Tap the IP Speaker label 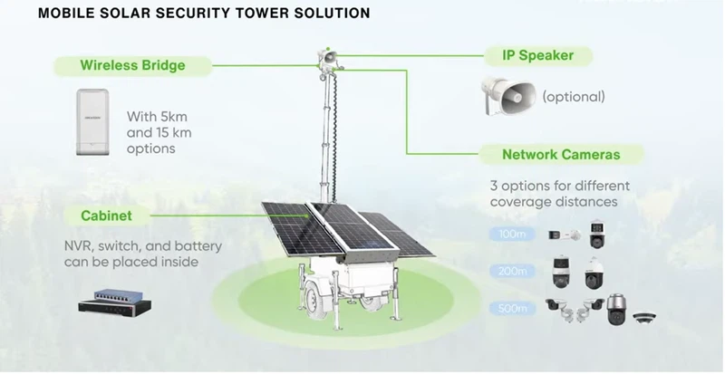pyautogui.click(x=537, y=55)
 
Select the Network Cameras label pyautogui.click(x=561, y=154)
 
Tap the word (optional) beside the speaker pyautogui.click(x=573, y=96)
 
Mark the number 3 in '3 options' pyautogui.click(x=494, y=186)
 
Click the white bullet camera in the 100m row pyautogui.click(x=563, y=235)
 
